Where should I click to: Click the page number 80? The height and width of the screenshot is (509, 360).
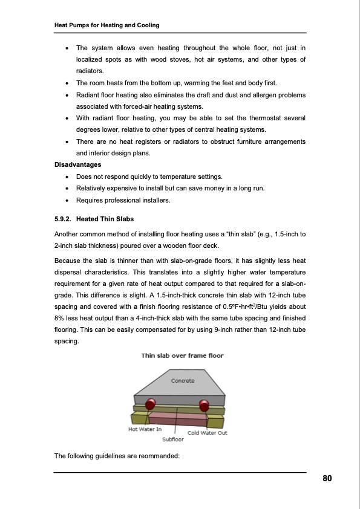327,479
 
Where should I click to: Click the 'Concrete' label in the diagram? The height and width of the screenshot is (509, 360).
183,381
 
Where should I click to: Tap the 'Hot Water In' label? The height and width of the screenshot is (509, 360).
145,429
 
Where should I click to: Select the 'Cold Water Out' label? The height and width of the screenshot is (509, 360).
208,433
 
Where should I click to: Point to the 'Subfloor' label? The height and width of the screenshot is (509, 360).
173,439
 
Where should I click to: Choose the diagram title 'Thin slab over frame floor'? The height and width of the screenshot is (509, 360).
182,355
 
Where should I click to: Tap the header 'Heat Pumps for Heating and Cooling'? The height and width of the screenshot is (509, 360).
107,25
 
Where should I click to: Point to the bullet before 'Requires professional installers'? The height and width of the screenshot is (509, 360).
65,200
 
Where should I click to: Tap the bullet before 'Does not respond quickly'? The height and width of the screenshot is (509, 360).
65,177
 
